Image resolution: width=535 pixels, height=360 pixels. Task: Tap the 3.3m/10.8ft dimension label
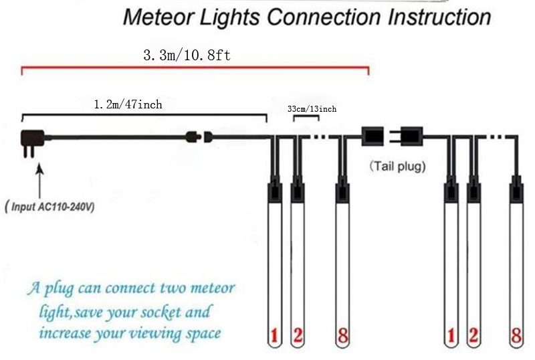pos(187,55)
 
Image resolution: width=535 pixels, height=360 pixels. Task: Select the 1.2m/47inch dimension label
pos(127,104)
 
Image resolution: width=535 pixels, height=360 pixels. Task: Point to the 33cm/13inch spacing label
pos(312,109)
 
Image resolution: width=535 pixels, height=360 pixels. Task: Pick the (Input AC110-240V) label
pos(49,207)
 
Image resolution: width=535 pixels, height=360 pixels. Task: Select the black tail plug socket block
pos(371,136)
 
